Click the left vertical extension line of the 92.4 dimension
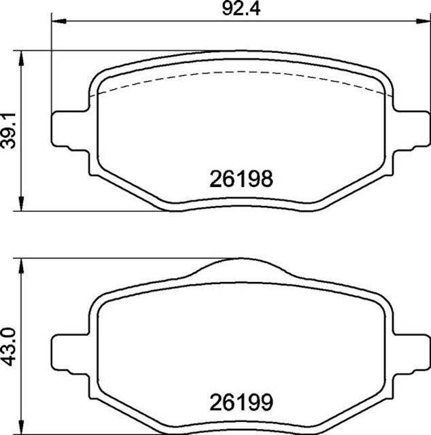(x=52, y=68)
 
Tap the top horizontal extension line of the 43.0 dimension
(x=122, y=258)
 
